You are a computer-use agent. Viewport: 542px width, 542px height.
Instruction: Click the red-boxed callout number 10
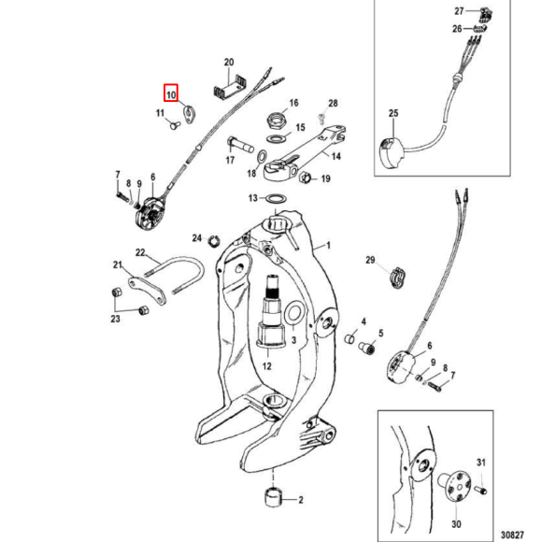point(171,94)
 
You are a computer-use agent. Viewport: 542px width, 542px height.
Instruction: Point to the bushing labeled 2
point(273,497)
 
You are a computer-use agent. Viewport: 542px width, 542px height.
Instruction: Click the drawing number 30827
point(513,535)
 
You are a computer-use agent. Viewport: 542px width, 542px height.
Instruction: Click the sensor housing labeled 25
point(392,152)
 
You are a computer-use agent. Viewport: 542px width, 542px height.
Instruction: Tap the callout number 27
point(459,11)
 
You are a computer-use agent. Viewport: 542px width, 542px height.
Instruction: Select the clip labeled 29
point(397,277)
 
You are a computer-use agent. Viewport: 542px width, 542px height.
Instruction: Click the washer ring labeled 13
point(276,199)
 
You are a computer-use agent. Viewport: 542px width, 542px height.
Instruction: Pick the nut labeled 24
point(214,240)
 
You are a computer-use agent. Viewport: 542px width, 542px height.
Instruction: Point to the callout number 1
point(328,245)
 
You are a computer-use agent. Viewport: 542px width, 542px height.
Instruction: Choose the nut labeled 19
point(303,178)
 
